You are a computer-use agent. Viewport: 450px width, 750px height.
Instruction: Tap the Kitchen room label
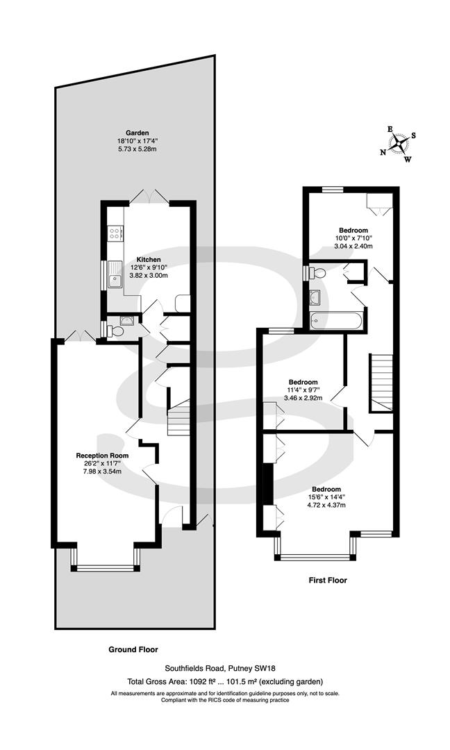148,259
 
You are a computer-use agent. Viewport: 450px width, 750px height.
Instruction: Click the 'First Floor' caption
327,580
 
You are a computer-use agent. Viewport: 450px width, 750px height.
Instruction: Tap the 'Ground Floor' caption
133,650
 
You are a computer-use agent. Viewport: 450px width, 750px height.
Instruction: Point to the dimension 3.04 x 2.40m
353,246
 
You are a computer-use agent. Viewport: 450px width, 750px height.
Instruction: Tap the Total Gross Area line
225,682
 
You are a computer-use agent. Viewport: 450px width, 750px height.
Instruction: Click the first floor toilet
318,272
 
